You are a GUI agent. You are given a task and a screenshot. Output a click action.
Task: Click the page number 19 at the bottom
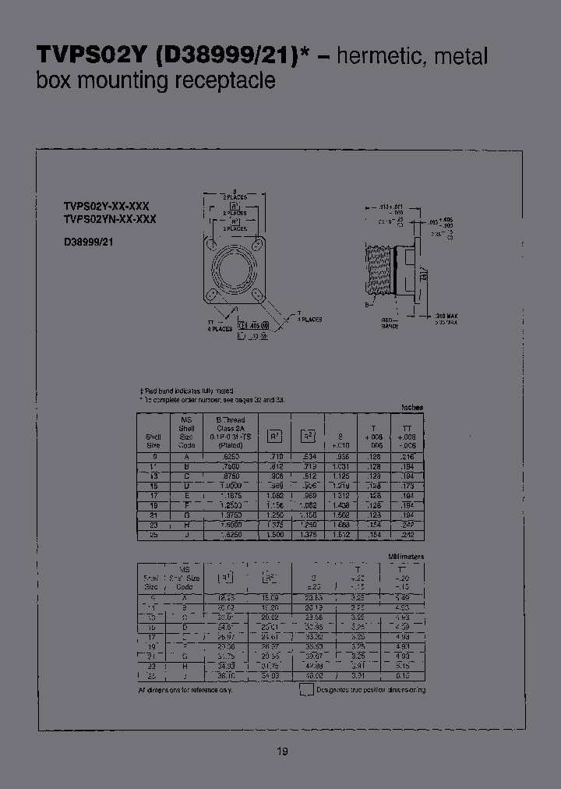pyautogui.click(x=282, y=752)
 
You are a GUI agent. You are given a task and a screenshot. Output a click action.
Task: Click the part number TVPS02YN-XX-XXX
pyautogui.click(x=109, y=220)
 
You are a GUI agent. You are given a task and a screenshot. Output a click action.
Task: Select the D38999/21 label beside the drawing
pyautogui.click(x=89, y=242)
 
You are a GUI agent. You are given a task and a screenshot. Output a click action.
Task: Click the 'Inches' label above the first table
pyautogui.click(x=412, y=407)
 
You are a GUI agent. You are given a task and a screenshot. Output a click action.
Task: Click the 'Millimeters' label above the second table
pyautogui.click(x=406, y=557)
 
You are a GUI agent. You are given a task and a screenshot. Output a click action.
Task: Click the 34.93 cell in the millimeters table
pyautogui.click(x=227, y=666)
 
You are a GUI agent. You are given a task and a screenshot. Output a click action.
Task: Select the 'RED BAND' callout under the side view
pyautogui.click(x=388, y=323)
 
